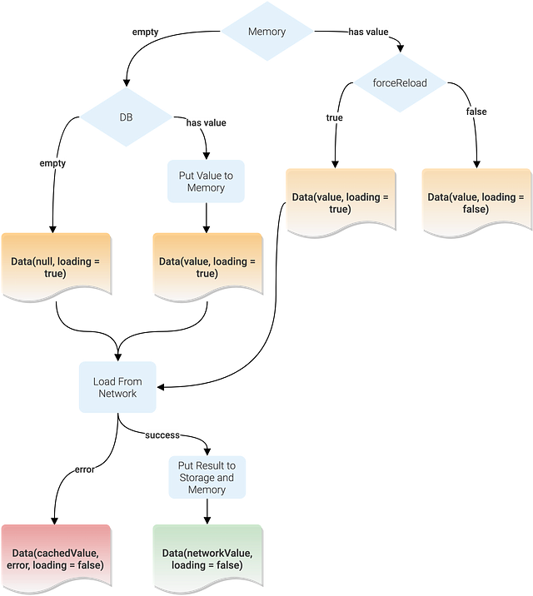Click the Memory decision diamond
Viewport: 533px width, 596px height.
tap(266, 32)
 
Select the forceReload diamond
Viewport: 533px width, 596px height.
tap(400, 82)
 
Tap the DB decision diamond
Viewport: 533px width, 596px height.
tap(126, 117)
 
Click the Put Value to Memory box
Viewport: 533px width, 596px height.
tap(206, 181)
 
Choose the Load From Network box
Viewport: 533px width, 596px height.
tap(117, 387)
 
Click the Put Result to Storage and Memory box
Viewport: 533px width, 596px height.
tap(207, 478)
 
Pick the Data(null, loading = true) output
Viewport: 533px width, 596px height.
tap(55, 266)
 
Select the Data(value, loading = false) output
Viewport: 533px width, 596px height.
tap(476, 202)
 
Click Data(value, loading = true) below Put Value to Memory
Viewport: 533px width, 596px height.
tap(207, 266)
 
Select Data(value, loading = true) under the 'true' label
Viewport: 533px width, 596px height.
tap(339, 202)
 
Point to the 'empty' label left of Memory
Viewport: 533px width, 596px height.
tap(145, 32)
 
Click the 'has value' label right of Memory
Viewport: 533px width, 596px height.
tap(368, 32)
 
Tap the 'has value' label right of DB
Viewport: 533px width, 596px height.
tap(206, 122)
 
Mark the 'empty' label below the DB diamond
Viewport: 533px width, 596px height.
tap(52, 163)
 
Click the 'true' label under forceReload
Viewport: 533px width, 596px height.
tap(334, 118)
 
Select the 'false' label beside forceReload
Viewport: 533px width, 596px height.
tap(476, 112)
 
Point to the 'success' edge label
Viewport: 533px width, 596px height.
tap(162, 435)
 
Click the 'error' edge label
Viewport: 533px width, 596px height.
tap(85, 470)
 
